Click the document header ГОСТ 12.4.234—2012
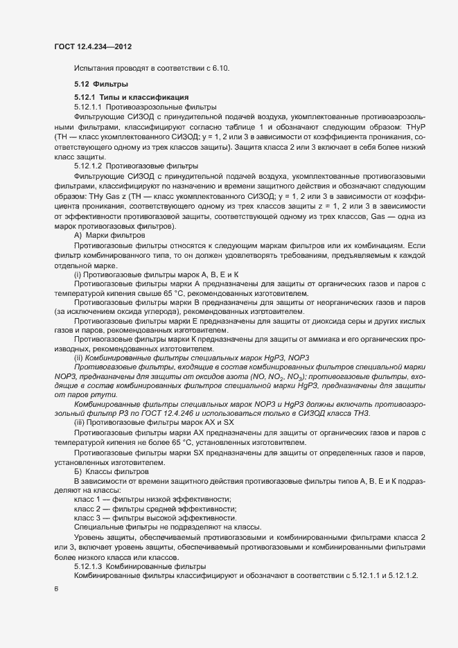tap(92, 46)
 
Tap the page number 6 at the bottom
tap(56, 588)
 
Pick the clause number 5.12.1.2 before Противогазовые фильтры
tap(88, 166)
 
